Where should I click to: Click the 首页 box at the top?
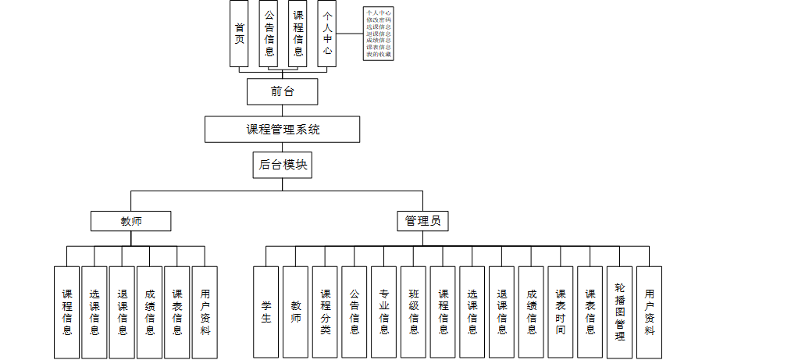[239, 34]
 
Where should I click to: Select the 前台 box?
[282, 91]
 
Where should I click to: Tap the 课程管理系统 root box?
[282, 130]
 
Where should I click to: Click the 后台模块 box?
[283, 165]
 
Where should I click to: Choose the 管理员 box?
[422, 221]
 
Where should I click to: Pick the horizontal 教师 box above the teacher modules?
[130, 221]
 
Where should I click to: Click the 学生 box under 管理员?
[266, 312]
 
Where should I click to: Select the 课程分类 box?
[325, 312]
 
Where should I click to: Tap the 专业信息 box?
[384, 312]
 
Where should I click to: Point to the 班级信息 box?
[414, 312]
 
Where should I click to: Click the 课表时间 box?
[561, 312]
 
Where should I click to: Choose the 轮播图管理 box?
[619, 312]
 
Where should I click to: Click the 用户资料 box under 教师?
[205, 312]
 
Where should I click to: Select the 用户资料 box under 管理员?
[649, 312]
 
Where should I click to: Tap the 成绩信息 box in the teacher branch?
[150, 312]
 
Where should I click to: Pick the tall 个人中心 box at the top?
[327, 34]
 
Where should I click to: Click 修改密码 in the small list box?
[379, 20]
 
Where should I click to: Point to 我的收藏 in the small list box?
[379, 55]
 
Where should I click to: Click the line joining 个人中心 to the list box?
[350, 34]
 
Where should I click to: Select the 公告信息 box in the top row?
[269, 34]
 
